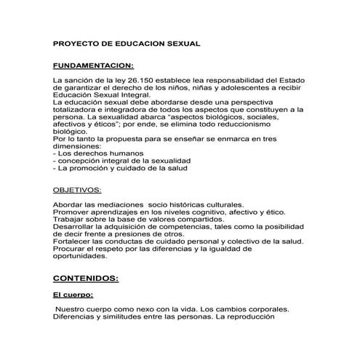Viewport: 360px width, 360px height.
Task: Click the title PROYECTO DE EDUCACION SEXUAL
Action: [x=127, y=44]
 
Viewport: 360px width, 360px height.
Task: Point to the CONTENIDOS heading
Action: [x=86, y=278]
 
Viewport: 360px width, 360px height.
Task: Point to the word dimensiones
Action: [x=81, y=145]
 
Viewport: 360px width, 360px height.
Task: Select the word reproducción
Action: [x=268, y=317]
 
